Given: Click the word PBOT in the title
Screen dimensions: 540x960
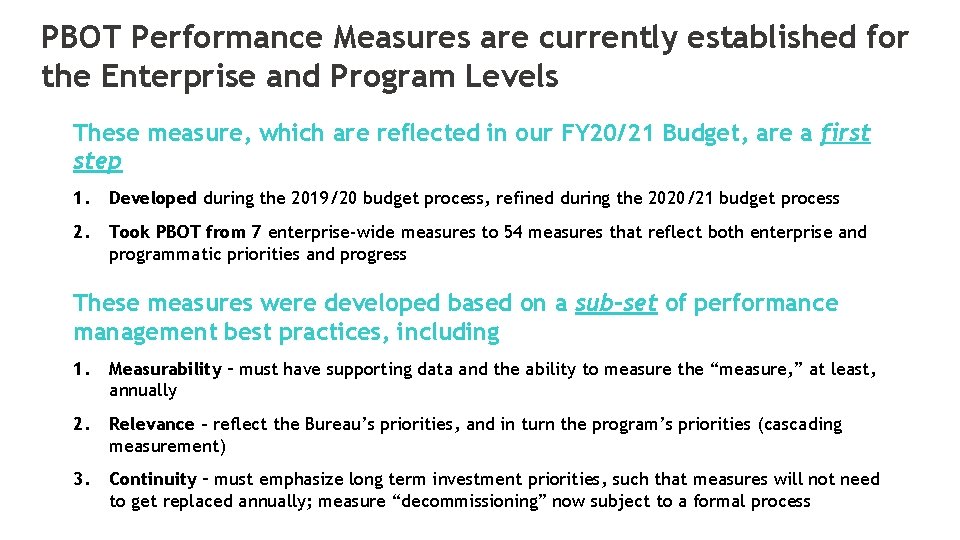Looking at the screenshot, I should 81,38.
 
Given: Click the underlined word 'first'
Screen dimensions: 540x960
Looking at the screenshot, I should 845,133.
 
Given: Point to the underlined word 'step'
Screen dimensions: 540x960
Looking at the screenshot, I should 97,161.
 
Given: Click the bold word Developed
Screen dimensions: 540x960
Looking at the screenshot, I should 153,198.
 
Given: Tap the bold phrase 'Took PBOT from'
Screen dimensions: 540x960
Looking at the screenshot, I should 177,232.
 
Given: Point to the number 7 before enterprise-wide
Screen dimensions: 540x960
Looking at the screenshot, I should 256,232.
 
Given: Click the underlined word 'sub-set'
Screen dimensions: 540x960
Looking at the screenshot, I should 616,303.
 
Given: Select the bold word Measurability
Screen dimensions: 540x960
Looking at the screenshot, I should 165,369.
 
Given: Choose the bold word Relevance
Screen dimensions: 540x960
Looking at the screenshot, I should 152,424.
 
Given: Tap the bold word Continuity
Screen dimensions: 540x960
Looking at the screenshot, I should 153,479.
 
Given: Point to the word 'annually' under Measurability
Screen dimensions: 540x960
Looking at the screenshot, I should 143,390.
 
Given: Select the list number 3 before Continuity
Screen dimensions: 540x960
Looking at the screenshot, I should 79,479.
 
